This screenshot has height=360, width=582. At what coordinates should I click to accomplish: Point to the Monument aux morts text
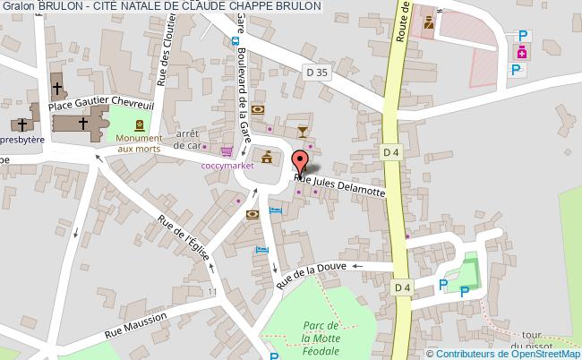[x=139, y=143]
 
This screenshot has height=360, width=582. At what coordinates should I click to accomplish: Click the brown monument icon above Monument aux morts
[x=140, y=124]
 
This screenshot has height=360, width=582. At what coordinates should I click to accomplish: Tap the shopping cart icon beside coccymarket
[x=227, y=151]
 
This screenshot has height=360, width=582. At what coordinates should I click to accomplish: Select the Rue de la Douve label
[x=312, y=271]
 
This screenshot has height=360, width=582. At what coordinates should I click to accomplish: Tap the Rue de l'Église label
[x=184, y=236]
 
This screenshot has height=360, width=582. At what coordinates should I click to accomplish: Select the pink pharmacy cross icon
[x=520, y=54]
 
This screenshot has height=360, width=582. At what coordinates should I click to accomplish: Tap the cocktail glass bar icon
[x=304, y=132]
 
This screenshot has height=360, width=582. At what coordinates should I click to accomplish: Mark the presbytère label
[x=18, y=141]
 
